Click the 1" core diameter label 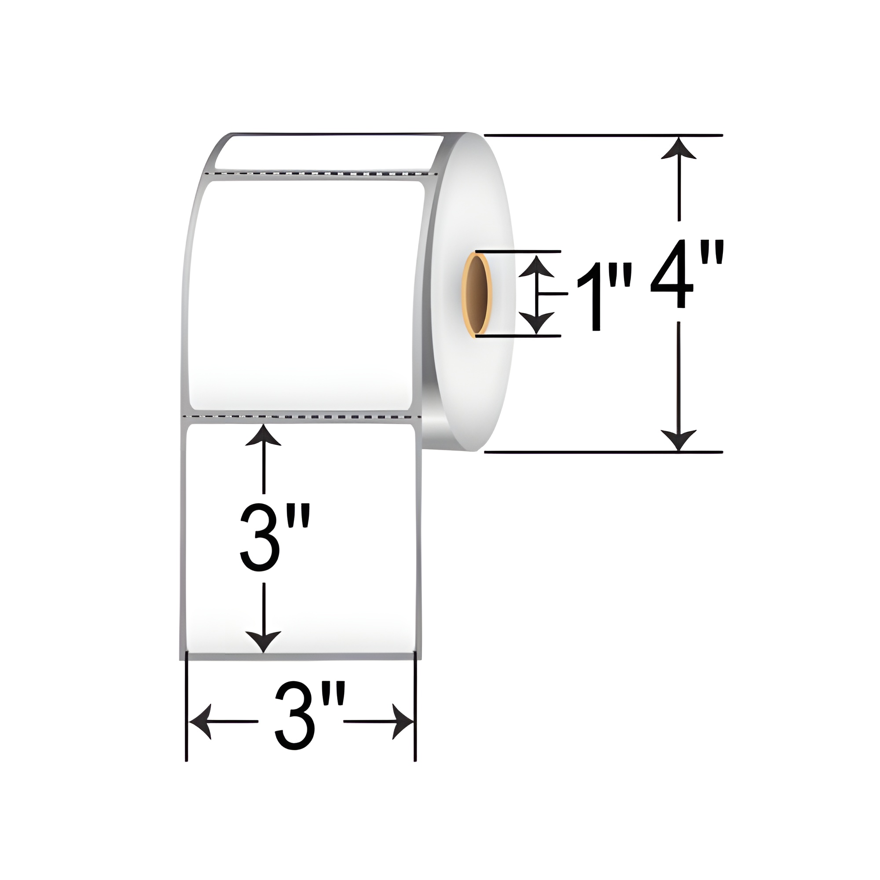coord(604,298)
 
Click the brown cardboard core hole coord(477,294)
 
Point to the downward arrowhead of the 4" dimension coord(678,440)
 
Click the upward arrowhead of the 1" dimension coord(537,266)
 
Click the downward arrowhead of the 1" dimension coord(537,323)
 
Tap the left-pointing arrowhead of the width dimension coord(200,722)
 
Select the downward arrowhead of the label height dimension coord(263,642)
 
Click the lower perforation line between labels coord(301,416)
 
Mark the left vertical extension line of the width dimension coord(186,729)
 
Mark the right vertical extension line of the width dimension coord(415,729)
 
